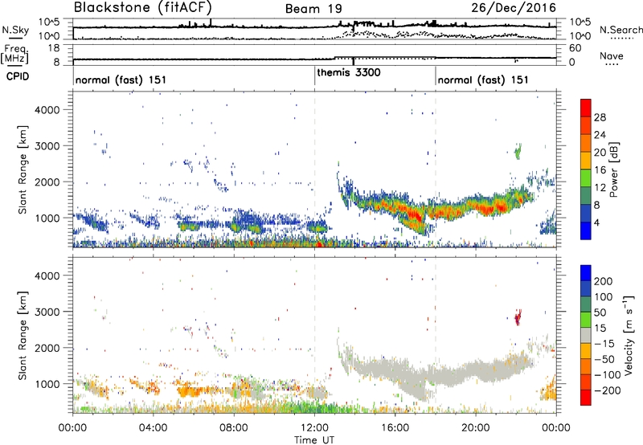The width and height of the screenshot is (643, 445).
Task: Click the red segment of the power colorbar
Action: pyautogui.click(x=587, y=108)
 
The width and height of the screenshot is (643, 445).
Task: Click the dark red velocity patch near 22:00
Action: pyautogui.click(x=518, y=318)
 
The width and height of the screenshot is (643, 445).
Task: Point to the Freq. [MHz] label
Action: pyautogui.click(x=14, y=54)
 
